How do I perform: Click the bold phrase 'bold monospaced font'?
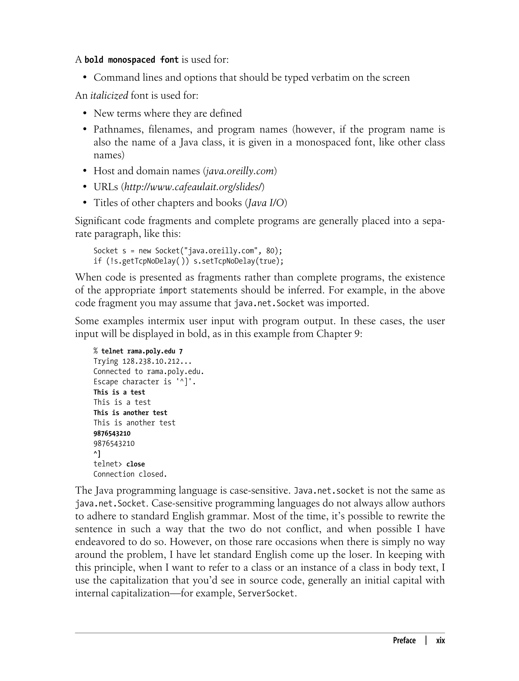tap(131, 60)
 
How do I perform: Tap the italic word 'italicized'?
tap(109, 95)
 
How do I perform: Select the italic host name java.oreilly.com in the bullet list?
tap(240, 171)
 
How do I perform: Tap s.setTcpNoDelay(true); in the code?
tap(238, 261)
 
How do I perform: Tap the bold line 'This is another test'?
tap(130, 413)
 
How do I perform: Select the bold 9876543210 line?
tap(112, 433)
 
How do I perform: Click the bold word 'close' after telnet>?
tap(135, 464)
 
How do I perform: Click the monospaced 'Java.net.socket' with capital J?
tap(329, 491)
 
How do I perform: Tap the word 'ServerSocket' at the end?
tap(266, 593)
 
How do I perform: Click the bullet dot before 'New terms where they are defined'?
tap(85, 114)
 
